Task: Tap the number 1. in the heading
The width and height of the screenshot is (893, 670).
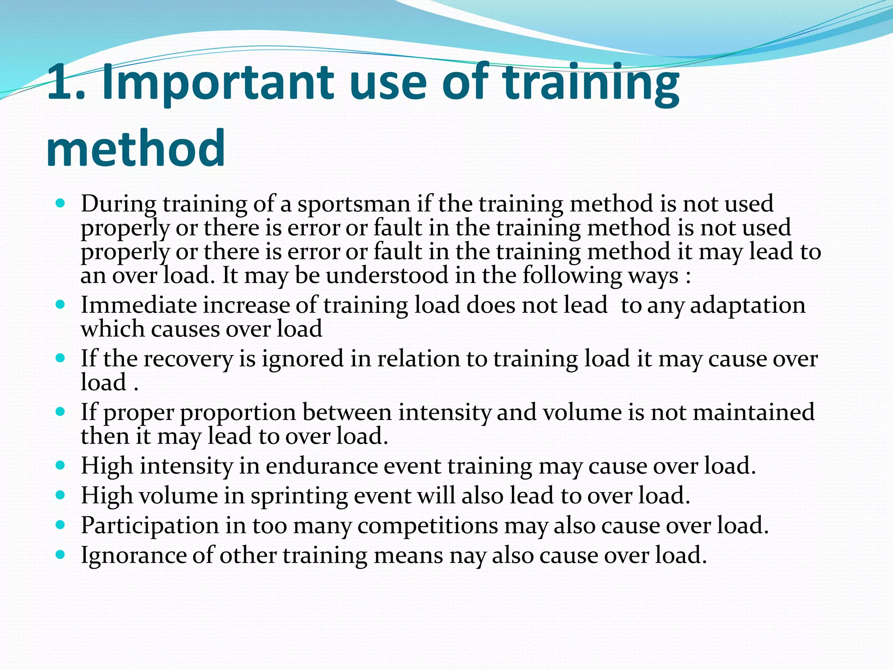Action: click(65, 83)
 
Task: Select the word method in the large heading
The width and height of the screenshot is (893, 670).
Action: click(136, 148)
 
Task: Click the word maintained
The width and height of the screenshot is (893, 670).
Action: click(753, 413)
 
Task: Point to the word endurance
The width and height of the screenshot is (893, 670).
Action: click(322, 466)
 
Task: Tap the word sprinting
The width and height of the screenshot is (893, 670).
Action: click(299, 496)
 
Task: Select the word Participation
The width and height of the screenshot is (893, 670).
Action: click(150, 526)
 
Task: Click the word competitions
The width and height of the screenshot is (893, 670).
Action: click(427, 526)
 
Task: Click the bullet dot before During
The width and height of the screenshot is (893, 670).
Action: click(61, 203)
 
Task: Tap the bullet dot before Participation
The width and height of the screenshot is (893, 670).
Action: click(61, 525)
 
